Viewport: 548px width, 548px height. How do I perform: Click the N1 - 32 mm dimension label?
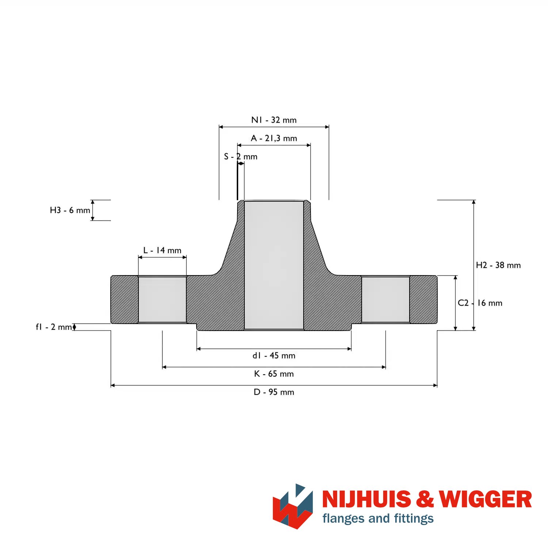pos(274,120)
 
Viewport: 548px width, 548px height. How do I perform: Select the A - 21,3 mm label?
pos(274,138)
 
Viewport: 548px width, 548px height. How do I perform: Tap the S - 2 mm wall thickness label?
pos(241,156)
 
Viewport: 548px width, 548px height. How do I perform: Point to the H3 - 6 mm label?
pos(70,210)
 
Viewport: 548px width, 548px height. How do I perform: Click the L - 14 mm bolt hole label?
pos(162,250)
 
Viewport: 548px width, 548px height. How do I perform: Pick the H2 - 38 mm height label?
pos(498,265)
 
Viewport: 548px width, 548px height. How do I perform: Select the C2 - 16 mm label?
pos(480,303)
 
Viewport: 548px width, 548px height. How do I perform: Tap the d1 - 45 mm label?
pos(274,355)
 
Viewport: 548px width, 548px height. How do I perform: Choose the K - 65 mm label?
pos(274,374)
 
